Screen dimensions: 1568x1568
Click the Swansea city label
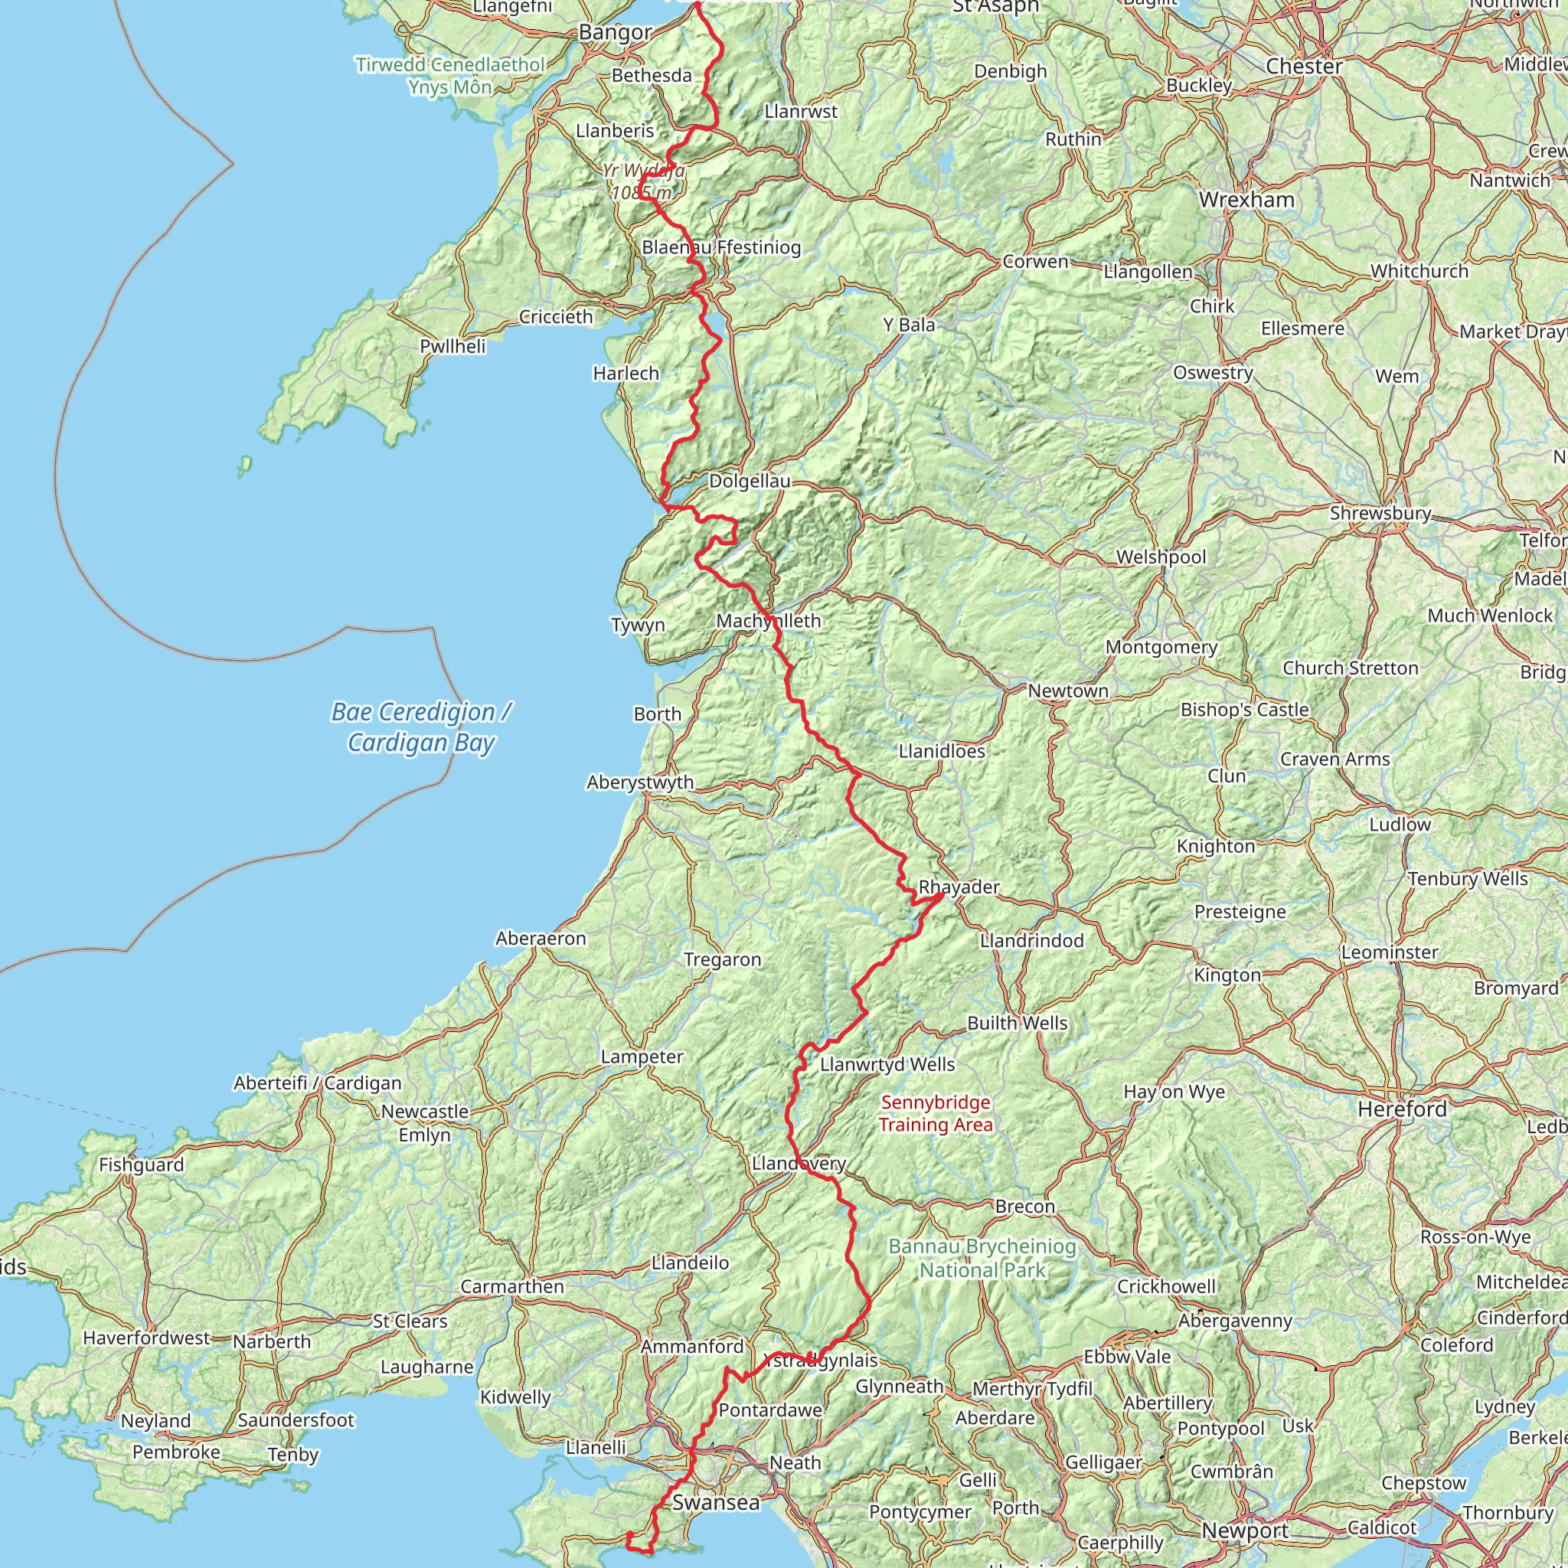point(716,1502)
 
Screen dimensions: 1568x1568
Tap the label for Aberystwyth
point(640,782)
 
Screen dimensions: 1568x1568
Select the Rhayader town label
point(959,887)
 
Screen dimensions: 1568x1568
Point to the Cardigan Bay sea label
point(421,727)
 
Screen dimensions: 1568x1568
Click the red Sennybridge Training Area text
point(936,1113)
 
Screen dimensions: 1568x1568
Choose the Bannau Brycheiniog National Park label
point(982,1258)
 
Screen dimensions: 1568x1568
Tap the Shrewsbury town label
point(1380,513)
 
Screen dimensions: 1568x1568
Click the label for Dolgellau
point(750,482)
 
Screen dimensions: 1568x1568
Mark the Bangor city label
point(616,32)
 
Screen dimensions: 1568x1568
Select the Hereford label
point(1403,1109)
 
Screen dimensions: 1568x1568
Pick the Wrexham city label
point(1246,200)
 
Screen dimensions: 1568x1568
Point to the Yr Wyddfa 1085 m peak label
point(643,181)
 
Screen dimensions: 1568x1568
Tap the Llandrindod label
point(1031,941)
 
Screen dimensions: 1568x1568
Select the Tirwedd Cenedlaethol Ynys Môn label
point(450,76)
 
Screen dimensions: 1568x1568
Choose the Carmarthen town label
point(512,1286)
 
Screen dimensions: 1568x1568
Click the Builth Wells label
point(1017,1024)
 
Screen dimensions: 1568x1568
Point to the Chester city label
point(1304,67)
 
